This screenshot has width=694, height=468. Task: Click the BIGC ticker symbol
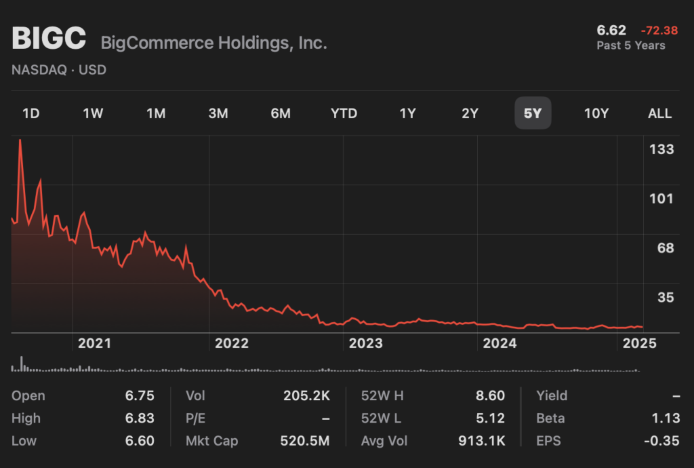click(49, 39)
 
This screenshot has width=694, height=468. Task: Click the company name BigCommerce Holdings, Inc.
click(213, 43)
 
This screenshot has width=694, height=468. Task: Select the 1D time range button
click(31, 113)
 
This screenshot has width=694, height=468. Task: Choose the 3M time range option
click(218, 113)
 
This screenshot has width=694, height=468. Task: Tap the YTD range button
click(344, 113)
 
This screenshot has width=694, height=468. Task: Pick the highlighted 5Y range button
click(533, 113)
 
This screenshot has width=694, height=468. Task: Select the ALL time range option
click(659, 113)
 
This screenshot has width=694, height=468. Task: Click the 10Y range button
click(596, 113)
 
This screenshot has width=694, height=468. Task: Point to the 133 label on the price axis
click(661, 149)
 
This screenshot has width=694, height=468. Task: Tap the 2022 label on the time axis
click(232, 343)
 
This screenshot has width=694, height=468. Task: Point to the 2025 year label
click(640, 343)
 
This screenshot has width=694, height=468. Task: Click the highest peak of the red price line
click(20, 140)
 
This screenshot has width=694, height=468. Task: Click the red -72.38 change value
click(659, 31)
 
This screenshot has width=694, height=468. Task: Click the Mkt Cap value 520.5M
click(305, 441)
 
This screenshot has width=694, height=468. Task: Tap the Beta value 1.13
click(665, 418)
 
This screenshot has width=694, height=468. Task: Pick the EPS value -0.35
click(661, 441)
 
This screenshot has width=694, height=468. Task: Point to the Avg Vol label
click(384, 441)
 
